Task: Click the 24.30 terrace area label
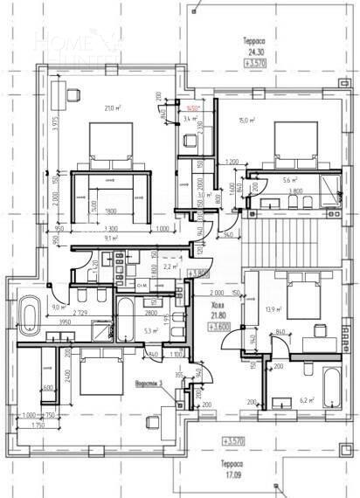pos(254,52)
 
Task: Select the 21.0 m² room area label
pos(112,108)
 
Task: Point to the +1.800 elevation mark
pos(200,273)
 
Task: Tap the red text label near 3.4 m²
pos(190,108)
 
